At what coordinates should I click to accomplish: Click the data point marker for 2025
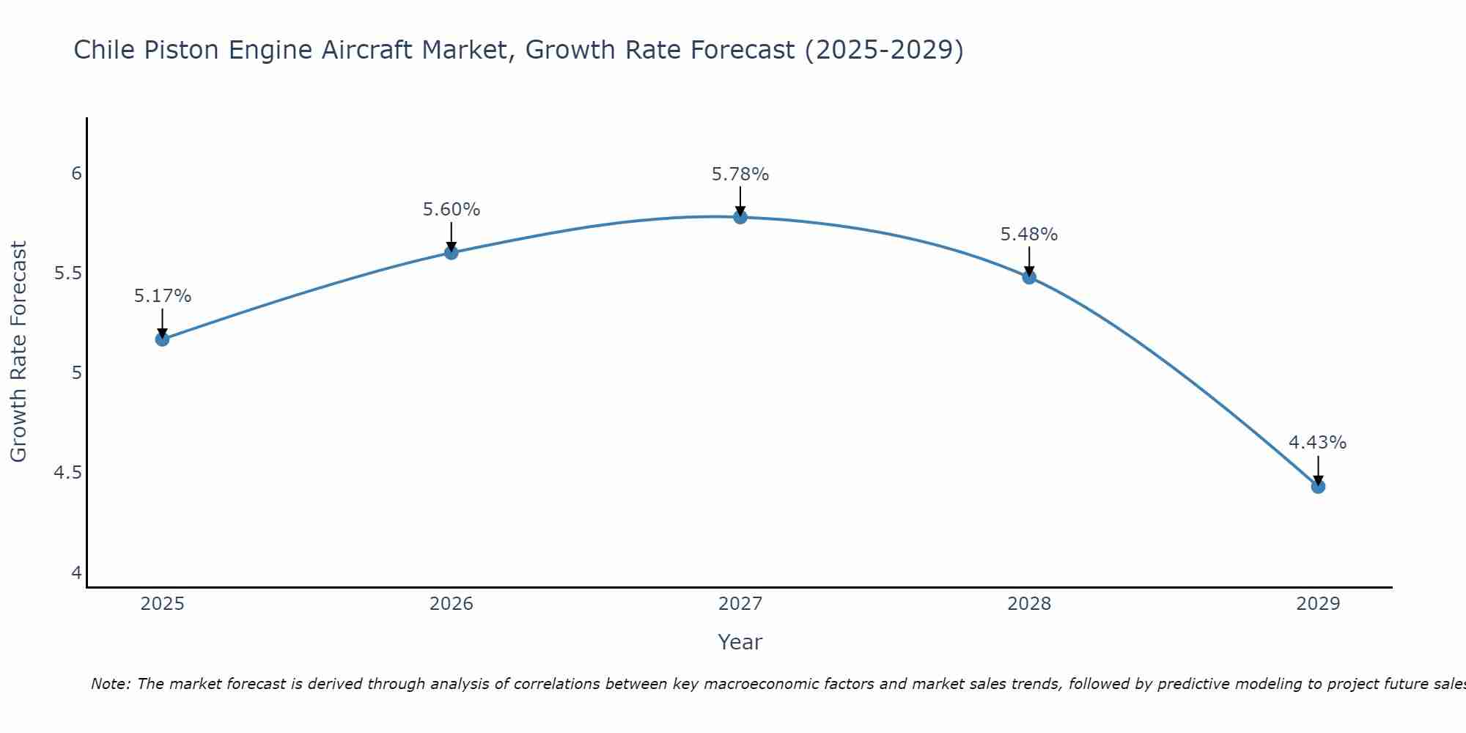point(162,339)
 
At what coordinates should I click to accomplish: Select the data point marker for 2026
point(452,253)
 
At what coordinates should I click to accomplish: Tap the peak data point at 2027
point(740,217)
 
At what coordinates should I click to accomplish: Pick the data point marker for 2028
point(1029,277)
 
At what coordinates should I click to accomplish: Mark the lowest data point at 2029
point(1318,486)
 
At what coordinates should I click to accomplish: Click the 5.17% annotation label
point(162,296)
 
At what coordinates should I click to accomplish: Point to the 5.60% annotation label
point(452,210)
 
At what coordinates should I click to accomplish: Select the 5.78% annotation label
point(740,174)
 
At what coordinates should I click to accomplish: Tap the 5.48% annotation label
point(1029,235)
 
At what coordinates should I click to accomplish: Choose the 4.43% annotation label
point(1318,443)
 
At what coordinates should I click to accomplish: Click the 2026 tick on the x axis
point(452,604)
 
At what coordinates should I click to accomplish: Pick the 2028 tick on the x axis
point(1029,604)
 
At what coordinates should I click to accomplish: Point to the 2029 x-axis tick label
point(1318,604)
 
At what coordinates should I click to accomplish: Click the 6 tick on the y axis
point(76,174)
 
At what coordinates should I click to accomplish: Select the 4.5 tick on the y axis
point(67,473)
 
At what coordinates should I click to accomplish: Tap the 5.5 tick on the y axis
point(67,273)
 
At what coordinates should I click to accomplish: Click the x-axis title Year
point(740,642)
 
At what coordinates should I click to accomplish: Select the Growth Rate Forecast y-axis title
point(18,352)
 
